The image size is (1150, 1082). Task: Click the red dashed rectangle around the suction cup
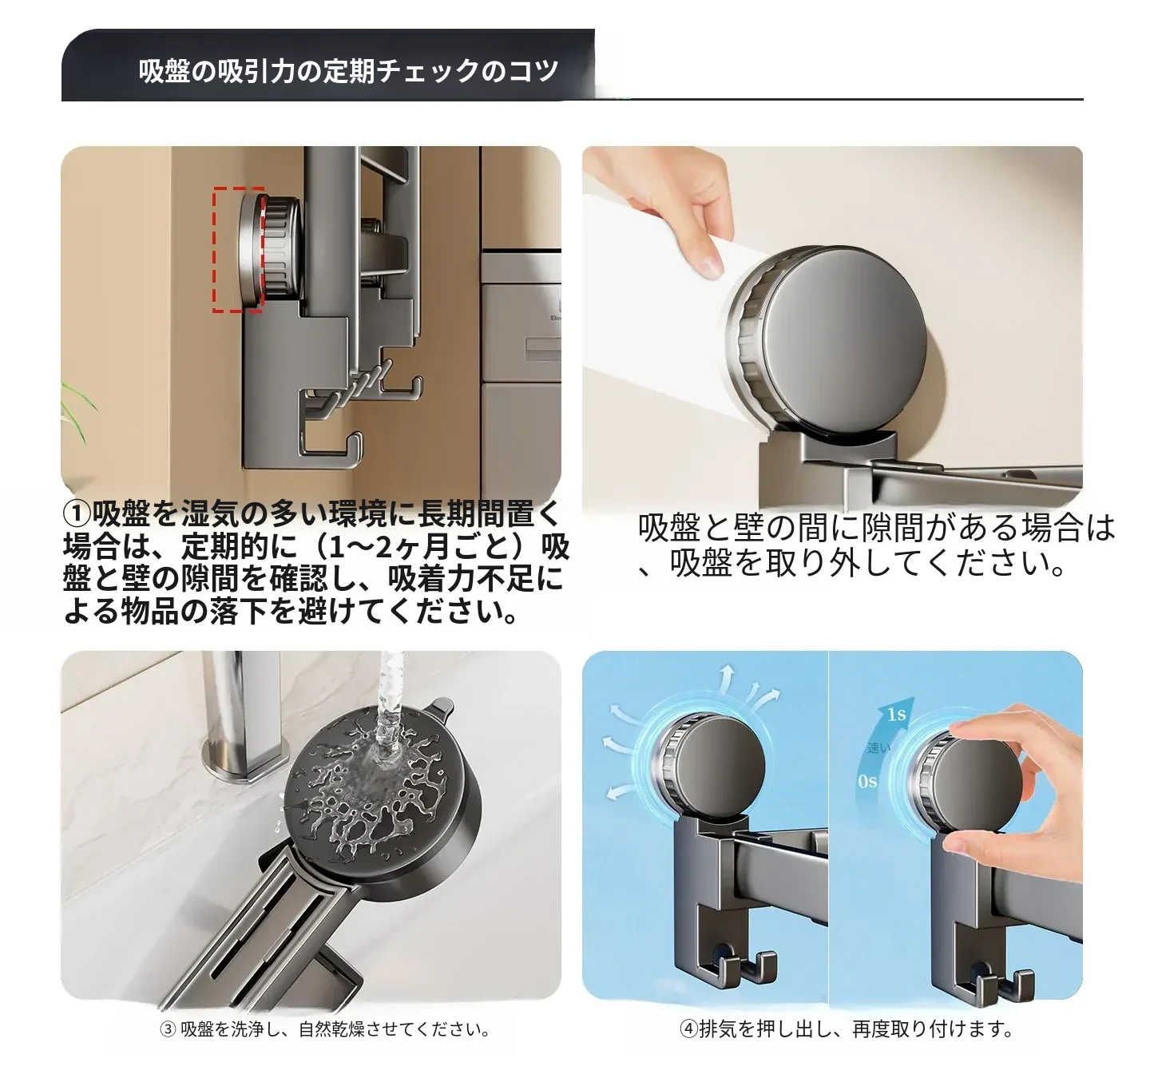tap(214, 249)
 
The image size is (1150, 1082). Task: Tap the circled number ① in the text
tap(77, 513)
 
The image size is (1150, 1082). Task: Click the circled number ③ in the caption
tap(168, 1028)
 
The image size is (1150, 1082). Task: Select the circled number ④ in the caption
tap(688, 1028)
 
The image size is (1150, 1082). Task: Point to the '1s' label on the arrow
tap(896, 714)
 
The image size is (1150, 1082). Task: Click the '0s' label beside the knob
tap(866, 782)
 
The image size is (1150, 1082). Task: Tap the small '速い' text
tap(878, 747)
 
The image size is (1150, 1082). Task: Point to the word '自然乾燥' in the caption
tap(331, 1029)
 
